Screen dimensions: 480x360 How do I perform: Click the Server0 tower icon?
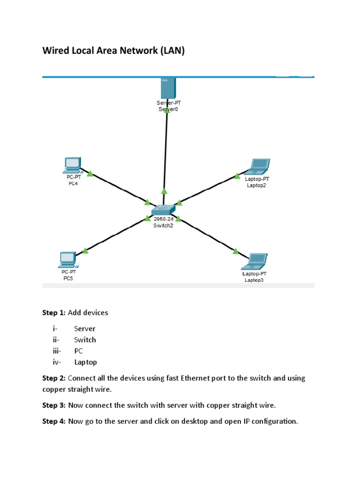pos(167,87)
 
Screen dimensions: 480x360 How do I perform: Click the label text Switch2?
pos(164,225)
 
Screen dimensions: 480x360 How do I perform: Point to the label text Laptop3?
pos(255,280)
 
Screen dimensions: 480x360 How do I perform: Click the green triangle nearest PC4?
pos(90,173)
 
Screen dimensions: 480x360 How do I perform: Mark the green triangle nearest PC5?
pos(85,251)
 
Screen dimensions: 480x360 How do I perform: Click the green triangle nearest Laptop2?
pos(237,176)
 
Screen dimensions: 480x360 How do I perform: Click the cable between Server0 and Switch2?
pos(165,150)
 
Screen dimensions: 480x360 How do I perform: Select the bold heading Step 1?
pos(54,312)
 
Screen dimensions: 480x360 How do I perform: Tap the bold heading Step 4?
pos(54,421)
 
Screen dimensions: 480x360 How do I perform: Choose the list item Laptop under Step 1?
pos(85,362)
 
